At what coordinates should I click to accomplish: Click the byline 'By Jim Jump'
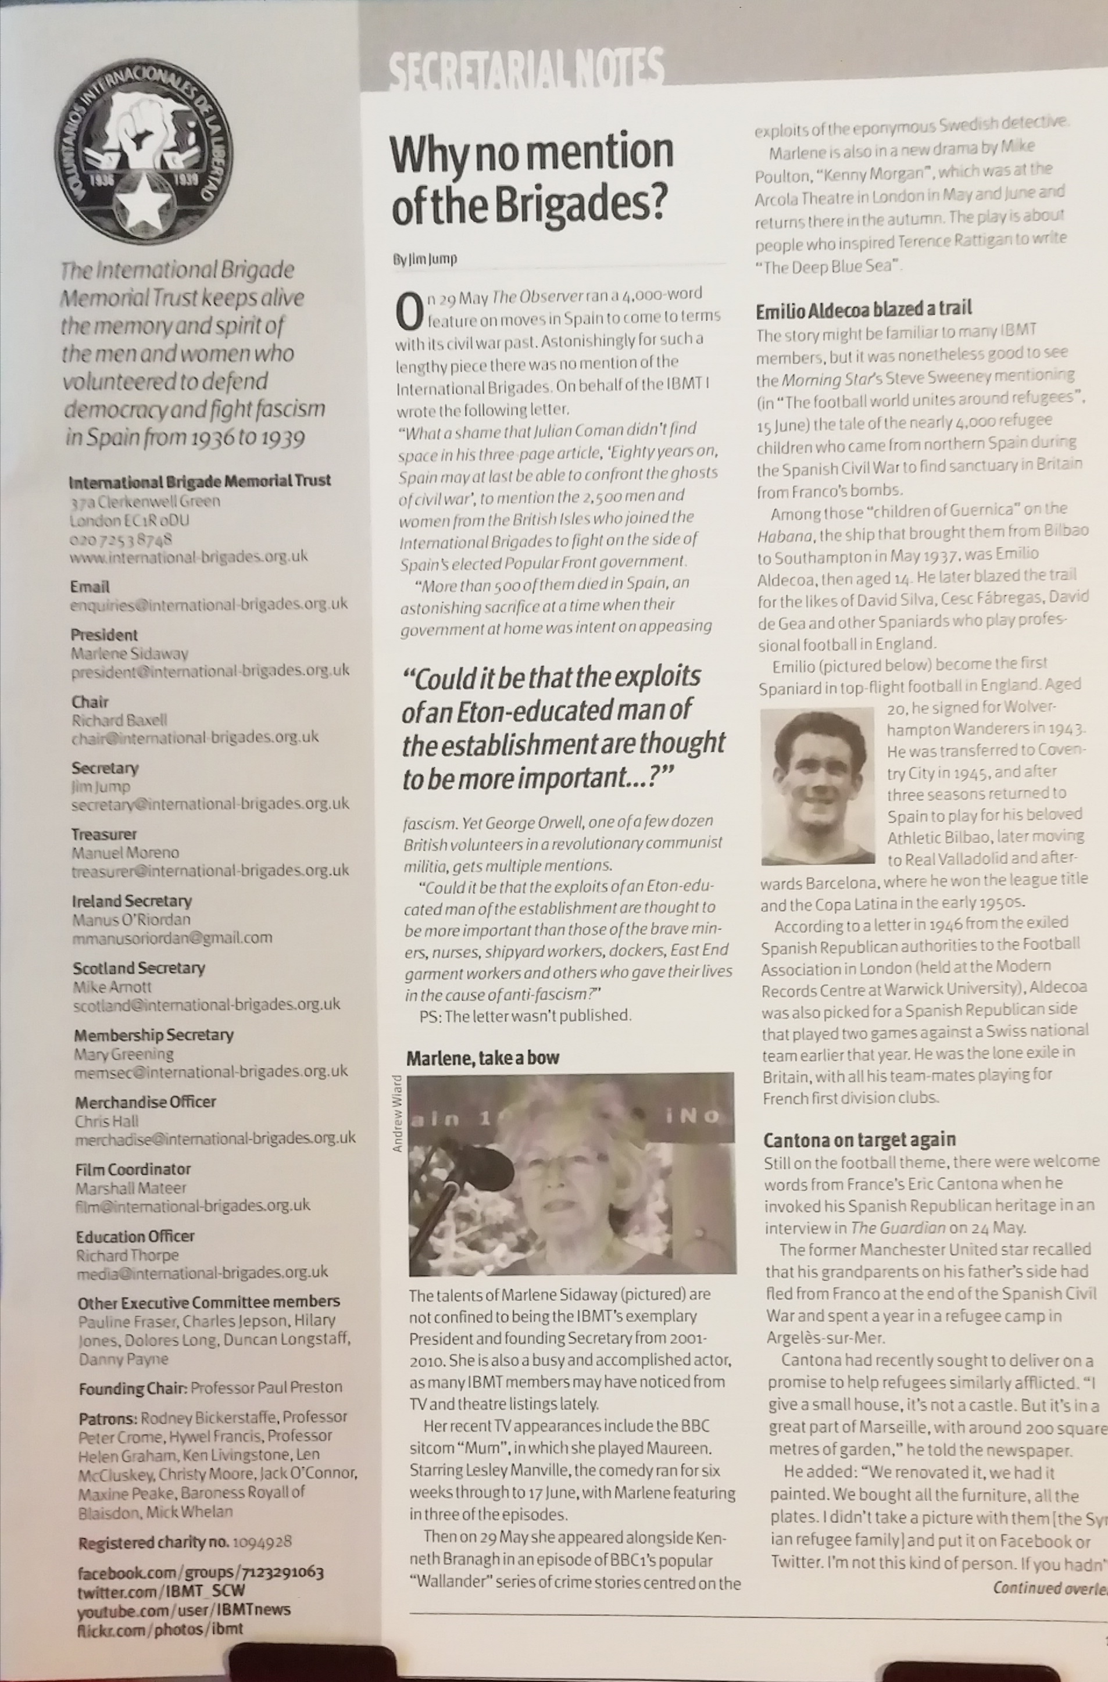tap(425, 259)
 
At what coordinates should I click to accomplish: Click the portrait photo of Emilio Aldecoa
tap(818, 786)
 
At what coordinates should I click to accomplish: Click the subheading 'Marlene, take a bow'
tap(482, 1058)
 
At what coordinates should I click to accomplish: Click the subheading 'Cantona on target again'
tap(859, 1139)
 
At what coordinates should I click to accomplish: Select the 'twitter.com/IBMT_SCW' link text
tap(161, 1591)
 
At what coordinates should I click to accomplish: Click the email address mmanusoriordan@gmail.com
tap(172, 938)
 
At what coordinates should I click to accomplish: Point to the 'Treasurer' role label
tap(104, 834)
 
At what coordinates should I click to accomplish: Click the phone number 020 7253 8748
tap(121, 539)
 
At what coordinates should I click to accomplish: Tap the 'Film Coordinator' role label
tap(133, 1168)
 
